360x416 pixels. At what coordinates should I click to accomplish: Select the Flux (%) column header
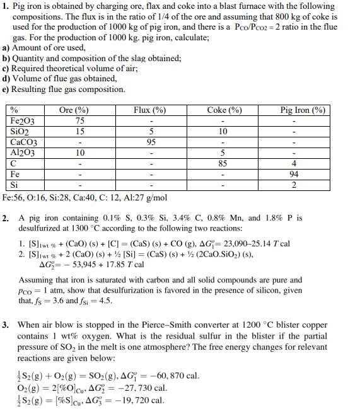pyautogui.click(x=149, y=110)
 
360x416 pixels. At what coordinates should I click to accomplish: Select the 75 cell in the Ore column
pyautogui.click(x=79, y=121)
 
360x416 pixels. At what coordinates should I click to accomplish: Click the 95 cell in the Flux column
pyautogui.click(x=151, y=142)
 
